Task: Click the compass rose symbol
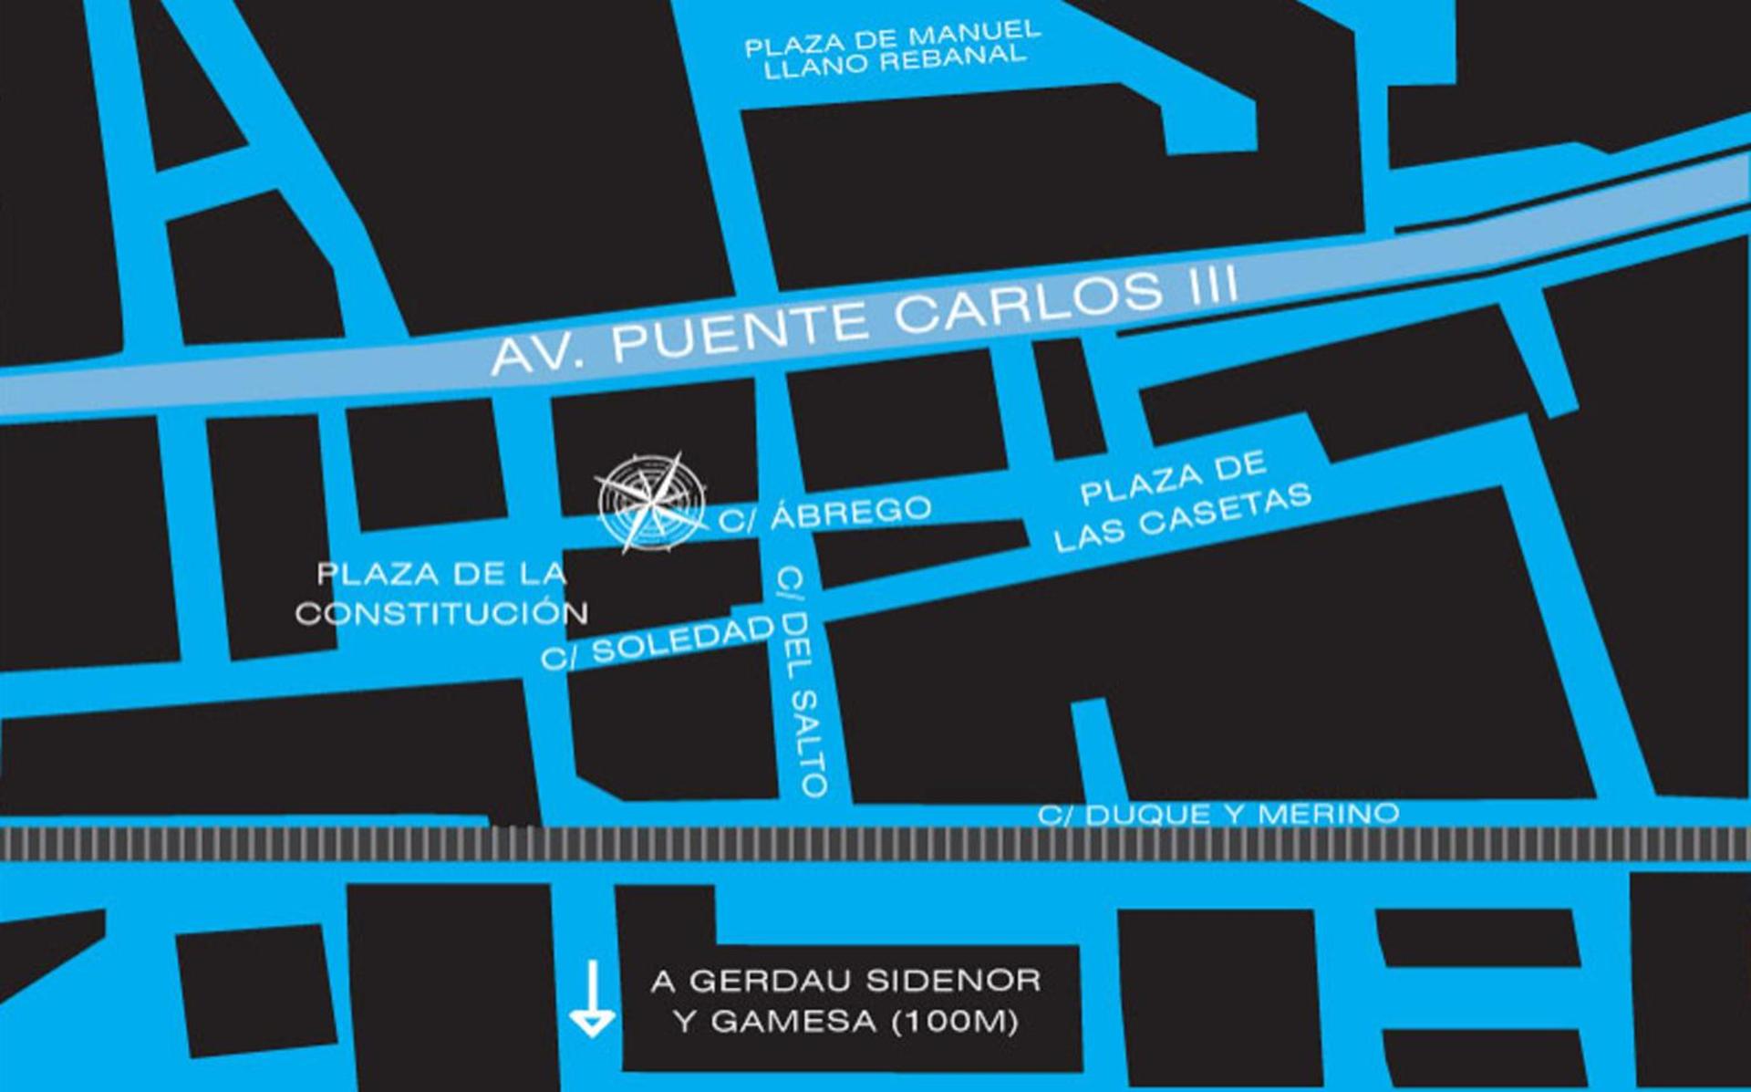[x=649, y=503]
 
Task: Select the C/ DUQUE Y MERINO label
[x=1218, y=814]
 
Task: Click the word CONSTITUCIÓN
[x=441, y=614]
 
